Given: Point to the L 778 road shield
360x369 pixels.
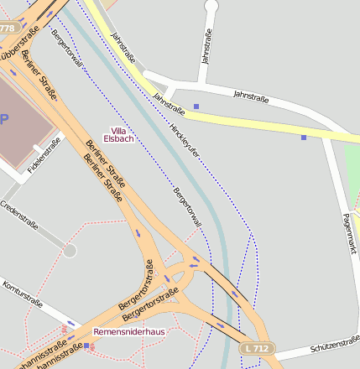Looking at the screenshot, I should tap(8, 29).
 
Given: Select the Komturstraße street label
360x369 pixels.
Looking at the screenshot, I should tap(21, 293).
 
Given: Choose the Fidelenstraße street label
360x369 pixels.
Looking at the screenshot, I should tap(44, 156).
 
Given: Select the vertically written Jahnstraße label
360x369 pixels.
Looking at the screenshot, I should tap(206, 46).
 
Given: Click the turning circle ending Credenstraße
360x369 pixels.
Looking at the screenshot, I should tap(70, 250).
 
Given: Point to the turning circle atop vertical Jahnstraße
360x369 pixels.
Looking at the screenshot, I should tap(211, 7).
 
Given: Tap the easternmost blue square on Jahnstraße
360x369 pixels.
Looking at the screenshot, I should tap(304, 137).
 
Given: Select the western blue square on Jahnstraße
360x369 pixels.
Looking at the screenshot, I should tap(196, 107).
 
